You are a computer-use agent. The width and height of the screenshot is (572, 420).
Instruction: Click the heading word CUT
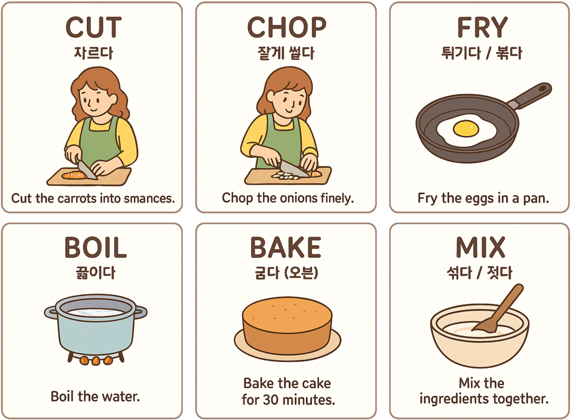click(x=93, y=27)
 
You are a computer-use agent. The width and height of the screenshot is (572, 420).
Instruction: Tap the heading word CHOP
click(x=286, y=27)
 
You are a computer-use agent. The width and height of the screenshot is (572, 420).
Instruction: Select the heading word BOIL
click(x=95, y=247)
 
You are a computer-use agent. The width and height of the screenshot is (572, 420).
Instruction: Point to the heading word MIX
click(x=480, y=247)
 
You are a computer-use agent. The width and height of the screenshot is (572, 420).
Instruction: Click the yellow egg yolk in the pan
click(x=466, y=129)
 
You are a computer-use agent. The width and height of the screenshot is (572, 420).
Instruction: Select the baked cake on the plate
click(x=287, y=325)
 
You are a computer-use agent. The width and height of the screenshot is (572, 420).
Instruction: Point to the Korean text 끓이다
click(x=96, y=273)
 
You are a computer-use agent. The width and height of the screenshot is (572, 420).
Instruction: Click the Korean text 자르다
click(x=93, y=53)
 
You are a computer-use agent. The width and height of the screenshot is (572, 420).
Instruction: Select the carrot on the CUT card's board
click(x=74, y=175)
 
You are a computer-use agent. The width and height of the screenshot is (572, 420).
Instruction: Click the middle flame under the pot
click(x=96, y=361)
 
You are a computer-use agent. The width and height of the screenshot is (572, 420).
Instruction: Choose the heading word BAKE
click(x=286, y=247)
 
